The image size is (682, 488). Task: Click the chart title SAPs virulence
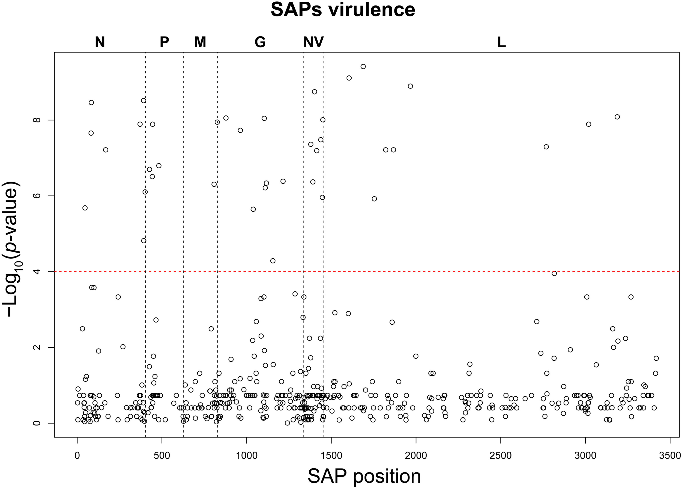pos(343,10)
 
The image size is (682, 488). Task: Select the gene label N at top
pos(100,42)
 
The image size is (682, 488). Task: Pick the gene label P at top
pos(164,42)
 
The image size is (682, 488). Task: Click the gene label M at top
pos(200,42)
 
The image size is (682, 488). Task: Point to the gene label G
pos(260,42)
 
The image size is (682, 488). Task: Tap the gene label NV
pos(313,42)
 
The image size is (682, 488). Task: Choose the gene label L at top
pos(501,42)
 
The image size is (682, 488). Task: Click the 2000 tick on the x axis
pos(416,456)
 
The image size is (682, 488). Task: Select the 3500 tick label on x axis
pos(670,456)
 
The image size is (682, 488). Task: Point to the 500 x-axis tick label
pos(162,456)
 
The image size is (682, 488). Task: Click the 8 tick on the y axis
pos(36,120)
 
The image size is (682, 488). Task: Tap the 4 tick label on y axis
pos(36,272)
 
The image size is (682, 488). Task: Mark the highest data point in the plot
pos(363,66)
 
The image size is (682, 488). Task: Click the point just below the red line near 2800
pos(554,273)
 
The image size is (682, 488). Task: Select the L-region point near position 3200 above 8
pos(617,117)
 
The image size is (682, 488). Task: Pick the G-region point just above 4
pos(273,261)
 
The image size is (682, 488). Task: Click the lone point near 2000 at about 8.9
pos(410,86)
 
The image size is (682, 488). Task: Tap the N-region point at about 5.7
pos(85,208)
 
